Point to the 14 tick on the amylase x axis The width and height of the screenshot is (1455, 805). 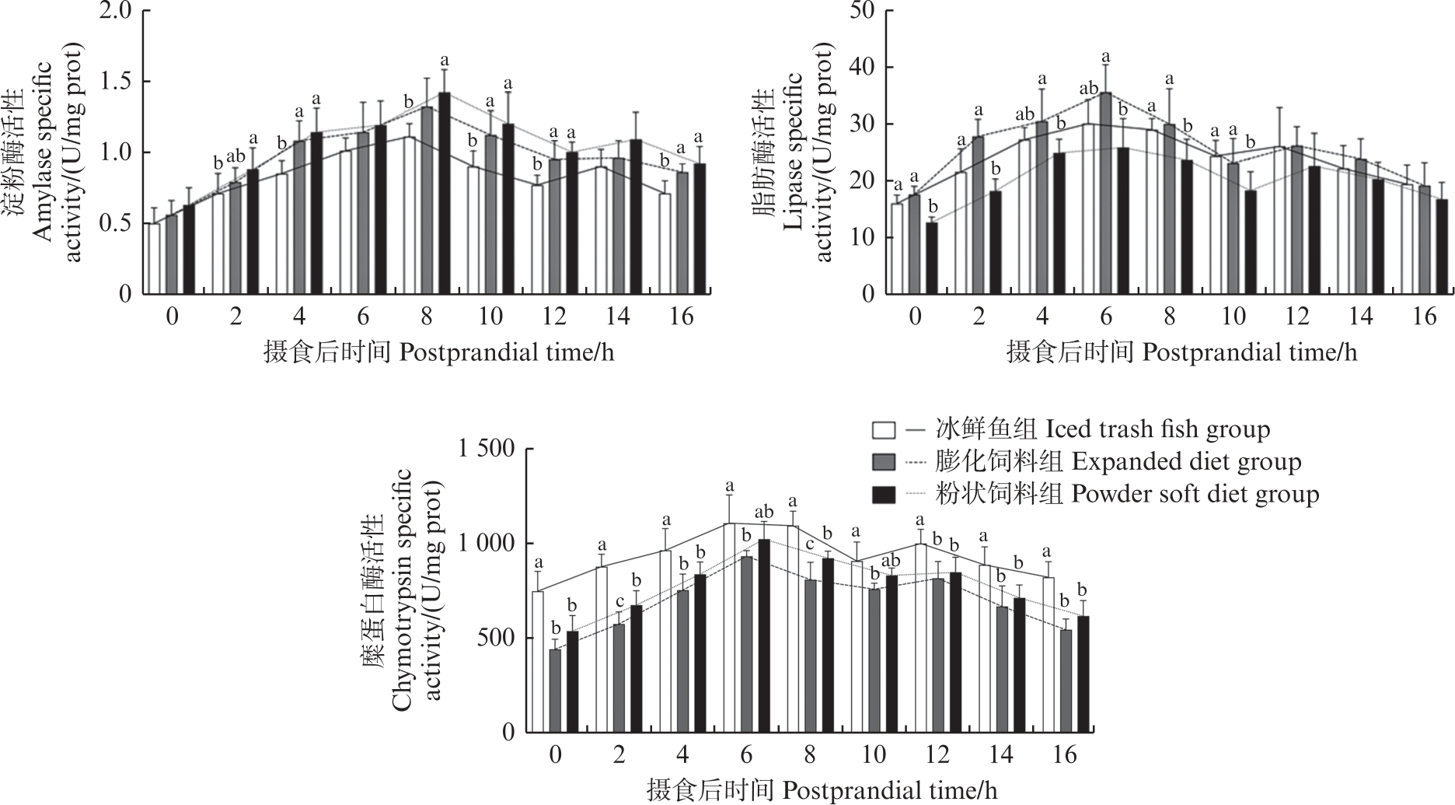618,317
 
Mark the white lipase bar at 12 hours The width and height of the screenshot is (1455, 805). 1279,221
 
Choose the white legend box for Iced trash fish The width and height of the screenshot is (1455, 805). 885,430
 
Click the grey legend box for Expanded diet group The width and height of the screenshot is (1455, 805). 885,463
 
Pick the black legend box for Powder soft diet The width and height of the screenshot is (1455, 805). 885,495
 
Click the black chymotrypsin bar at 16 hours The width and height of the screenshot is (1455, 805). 1083,674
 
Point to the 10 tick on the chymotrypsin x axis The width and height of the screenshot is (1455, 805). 874,755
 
